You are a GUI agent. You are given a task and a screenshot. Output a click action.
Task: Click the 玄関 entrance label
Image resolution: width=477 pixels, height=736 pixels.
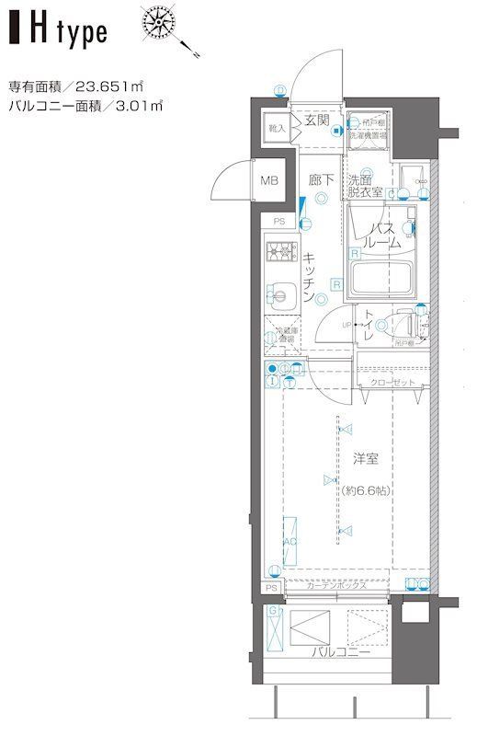click(318, 120)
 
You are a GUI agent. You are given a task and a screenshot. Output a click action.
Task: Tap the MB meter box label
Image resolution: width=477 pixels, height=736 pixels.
click(269, 180)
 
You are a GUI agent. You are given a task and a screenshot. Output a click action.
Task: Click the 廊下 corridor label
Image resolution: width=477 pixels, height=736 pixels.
click(320, 181)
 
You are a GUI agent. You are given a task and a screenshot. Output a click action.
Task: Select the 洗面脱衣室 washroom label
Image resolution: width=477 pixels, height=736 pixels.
click(365, 187)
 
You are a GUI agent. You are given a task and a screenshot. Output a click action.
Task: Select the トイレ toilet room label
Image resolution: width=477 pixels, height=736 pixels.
click(368, 328)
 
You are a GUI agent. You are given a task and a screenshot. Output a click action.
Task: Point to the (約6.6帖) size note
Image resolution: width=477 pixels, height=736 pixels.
click(365, 490)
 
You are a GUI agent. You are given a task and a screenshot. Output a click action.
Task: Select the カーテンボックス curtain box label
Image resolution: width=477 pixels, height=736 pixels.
click(338, 586)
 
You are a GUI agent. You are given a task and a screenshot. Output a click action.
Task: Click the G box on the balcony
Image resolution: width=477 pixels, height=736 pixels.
click(273, 612)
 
